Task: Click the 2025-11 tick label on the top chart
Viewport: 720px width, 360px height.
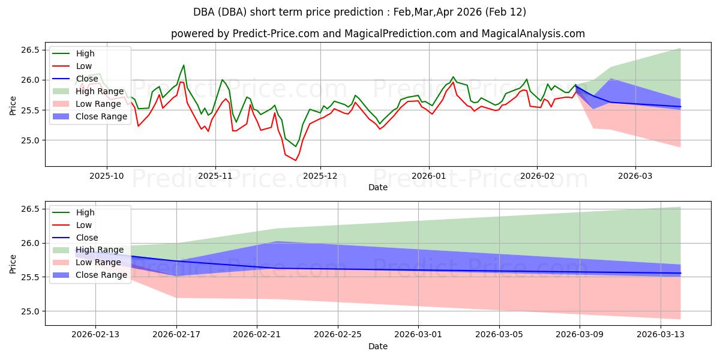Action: tap(215, 176)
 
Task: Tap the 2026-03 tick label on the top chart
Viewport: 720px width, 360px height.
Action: tap(635, 176)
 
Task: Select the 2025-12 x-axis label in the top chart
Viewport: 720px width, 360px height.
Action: tap(320, 176)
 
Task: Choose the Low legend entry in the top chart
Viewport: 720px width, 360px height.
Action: tap(85, 66)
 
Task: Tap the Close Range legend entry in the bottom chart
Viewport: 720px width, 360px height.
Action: tap(101, 275)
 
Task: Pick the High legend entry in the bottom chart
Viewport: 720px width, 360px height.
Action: tap(85, 212)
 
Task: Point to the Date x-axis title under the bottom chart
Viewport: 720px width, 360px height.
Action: tap(378, 346)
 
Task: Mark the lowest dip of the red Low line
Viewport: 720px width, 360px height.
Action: tap(295, 160)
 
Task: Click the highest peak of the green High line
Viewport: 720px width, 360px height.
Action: tap(184, 65)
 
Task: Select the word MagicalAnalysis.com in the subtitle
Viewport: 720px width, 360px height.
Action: tap(533, 34)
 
